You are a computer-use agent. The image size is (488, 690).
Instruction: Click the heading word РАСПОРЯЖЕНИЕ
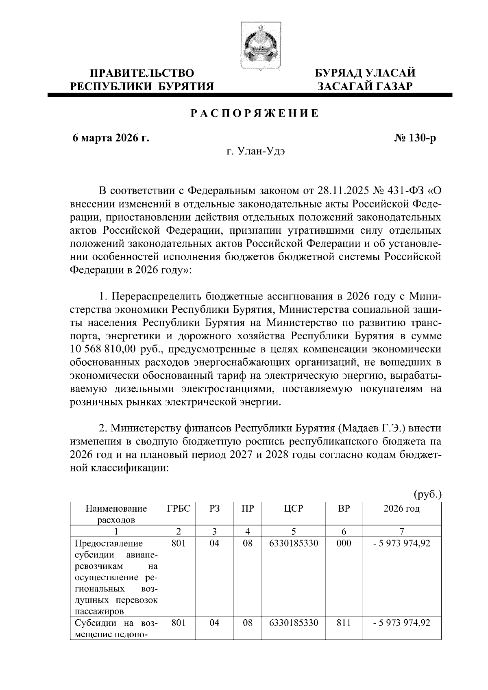click(255, 114)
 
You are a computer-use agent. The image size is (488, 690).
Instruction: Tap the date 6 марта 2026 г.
click(111, 138)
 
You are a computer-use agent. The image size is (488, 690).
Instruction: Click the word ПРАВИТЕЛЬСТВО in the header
click(142, 74)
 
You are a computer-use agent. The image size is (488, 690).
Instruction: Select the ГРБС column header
click(179, 508)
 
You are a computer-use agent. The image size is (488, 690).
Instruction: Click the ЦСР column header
click(294, 508)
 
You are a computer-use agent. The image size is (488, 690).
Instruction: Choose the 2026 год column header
click(401, 508)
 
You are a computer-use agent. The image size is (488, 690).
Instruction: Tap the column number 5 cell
click(294, 531)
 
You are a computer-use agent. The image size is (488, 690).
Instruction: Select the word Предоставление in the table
click(109, 543)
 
